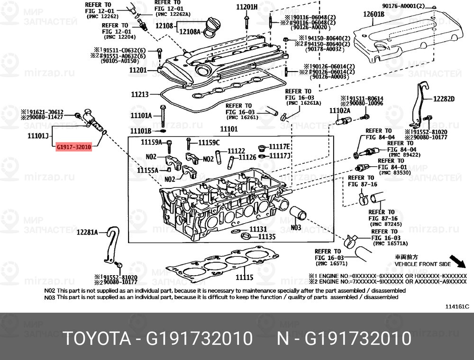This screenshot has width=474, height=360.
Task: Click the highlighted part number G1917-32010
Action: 73,147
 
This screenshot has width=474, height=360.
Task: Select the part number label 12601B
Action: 374,14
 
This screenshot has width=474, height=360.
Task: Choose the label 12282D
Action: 443,99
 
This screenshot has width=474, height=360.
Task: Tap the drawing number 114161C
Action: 457,306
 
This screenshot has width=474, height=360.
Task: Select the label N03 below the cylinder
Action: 295,227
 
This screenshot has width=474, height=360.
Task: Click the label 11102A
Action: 340,110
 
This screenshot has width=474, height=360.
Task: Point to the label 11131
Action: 258,229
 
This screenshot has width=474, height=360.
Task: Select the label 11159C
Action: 208,142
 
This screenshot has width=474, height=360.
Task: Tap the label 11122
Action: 236,151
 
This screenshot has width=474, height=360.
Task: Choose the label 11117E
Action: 280,146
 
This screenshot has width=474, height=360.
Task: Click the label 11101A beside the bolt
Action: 141,115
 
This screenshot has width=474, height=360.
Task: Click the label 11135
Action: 266,235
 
